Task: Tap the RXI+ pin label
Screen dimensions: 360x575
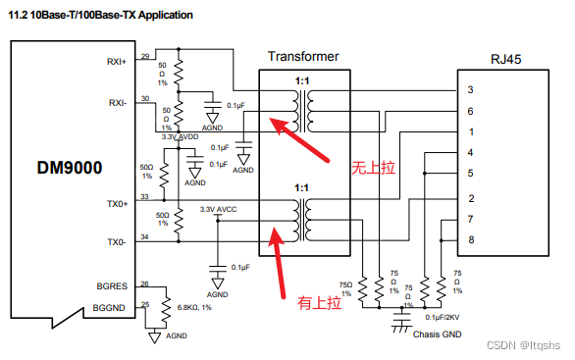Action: click(x=118, y=62)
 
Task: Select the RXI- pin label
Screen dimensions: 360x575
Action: click(x=118, y=102)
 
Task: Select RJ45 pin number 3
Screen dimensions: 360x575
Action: click(x=470, y=90)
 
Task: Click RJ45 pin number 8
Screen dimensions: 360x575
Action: click(x=470, y=239)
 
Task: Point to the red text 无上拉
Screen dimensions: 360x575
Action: click(x=373, y=169)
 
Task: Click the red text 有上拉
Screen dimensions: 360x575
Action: click(x=319, y=304)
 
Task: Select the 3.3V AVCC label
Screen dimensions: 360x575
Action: click(x=218, y=210)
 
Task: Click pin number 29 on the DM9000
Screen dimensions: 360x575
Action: click(x=145, y=56)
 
